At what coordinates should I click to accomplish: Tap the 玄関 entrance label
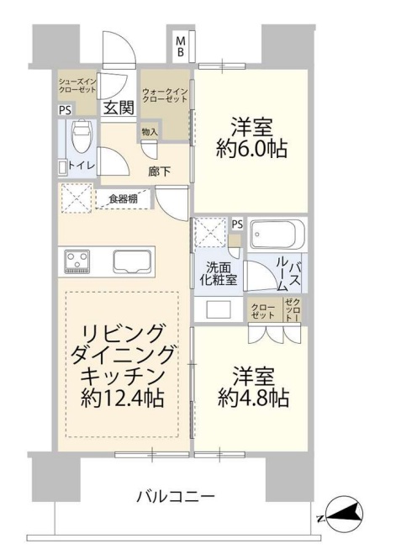tap(119, 107)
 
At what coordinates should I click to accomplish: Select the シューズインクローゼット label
tap(77, 85)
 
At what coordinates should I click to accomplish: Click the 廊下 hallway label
tap(160, 172)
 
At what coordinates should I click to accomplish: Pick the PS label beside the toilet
tap(65, 109)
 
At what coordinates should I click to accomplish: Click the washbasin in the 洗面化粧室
tap(217, 308)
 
